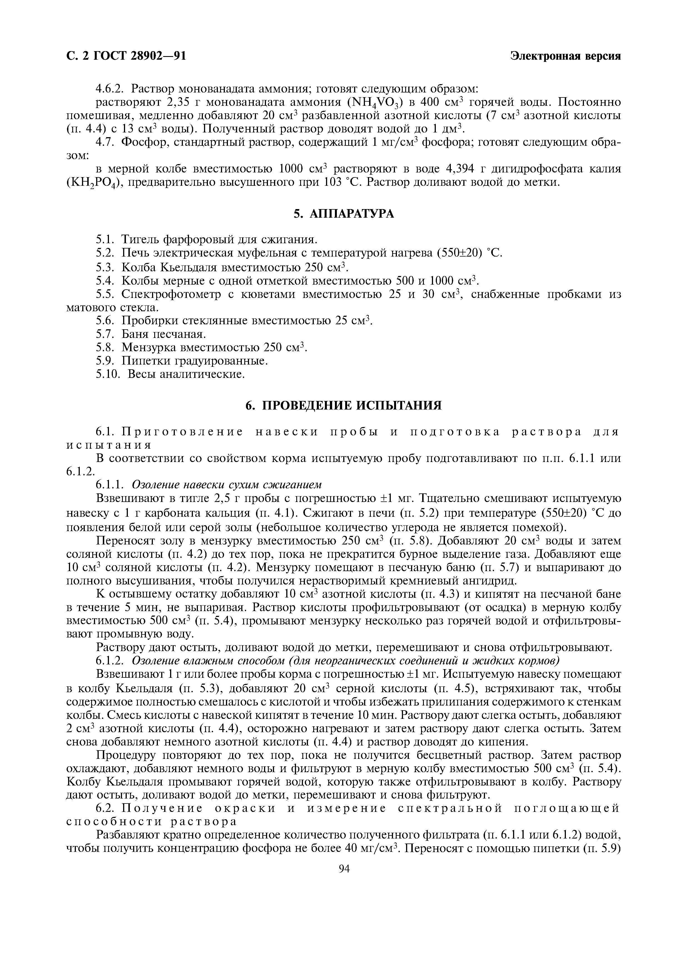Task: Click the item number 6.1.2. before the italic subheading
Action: (110, 661)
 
